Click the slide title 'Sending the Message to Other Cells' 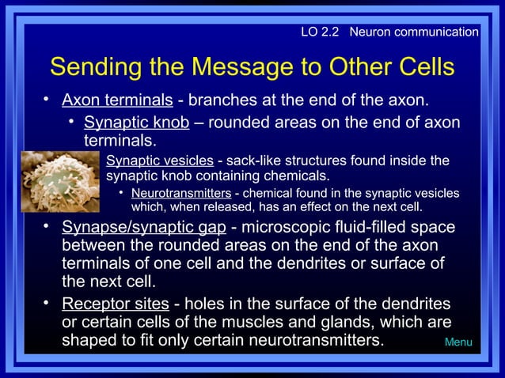[x=252, y=66]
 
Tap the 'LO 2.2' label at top [x=321, y=32]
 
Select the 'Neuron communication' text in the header [x=413, y=32]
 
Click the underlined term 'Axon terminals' [x=117, y=100]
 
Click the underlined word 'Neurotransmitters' [x=180, y=194]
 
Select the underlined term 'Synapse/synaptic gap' [x=143, y=228]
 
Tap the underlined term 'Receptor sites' [x=115, y=304]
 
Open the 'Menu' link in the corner [x=458, y=342]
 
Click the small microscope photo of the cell [x=59, y=182]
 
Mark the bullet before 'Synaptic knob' [x=70, y=123]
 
